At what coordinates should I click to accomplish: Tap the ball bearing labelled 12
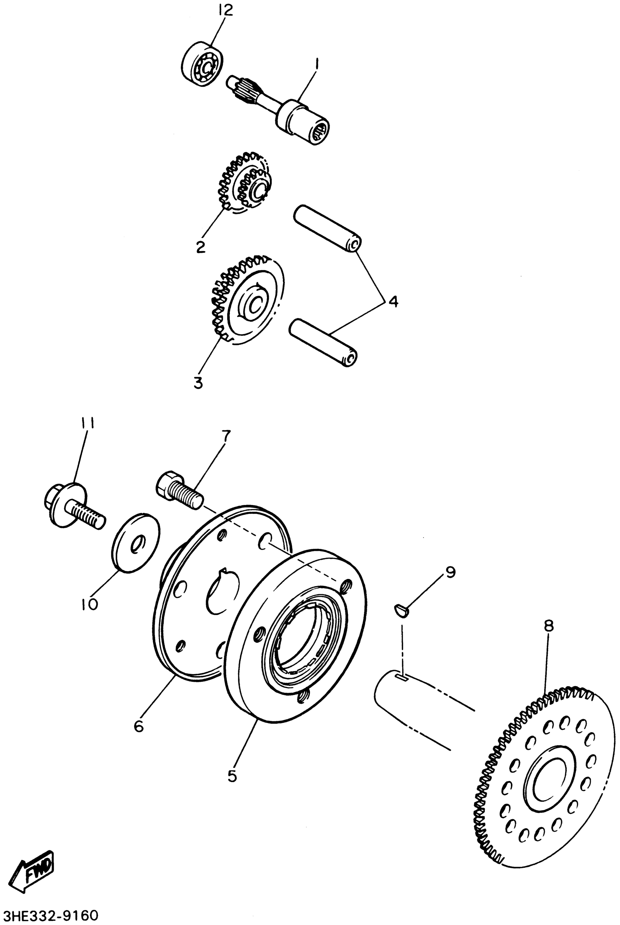[202, 63]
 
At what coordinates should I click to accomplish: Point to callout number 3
[198, 382]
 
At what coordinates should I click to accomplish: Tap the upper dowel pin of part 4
[327, 229]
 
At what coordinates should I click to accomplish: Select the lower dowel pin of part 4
[323, 343]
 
